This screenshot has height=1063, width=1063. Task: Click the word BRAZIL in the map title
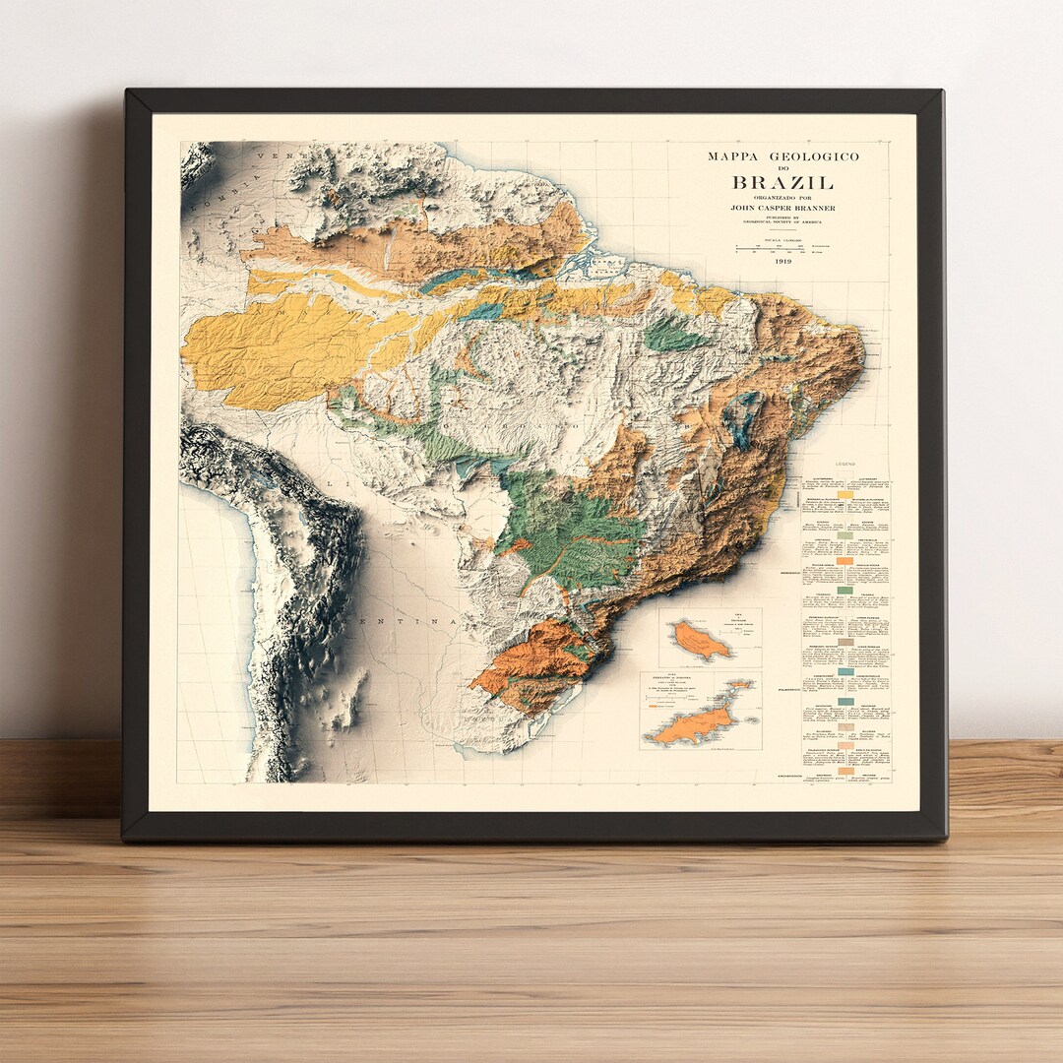pos(782,182)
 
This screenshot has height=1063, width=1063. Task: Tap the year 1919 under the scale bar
pos(782,261)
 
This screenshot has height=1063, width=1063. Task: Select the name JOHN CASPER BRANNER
pos(782,208)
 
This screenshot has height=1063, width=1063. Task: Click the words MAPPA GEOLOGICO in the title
pos(782,156)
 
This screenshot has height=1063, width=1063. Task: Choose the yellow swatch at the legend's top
pos(845,494)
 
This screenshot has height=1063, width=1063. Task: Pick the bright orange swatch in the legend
pos(845,560)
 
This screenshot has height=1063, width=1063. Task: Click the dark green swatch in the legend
pos(845,590)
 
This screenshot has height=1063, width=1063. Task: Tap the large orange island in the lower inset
pos(695,725)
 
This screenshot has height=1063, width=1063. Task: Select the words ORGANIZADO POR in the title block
pos(782,197)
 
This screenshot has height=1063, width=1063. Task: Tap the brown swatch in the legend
pos(845,642)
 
